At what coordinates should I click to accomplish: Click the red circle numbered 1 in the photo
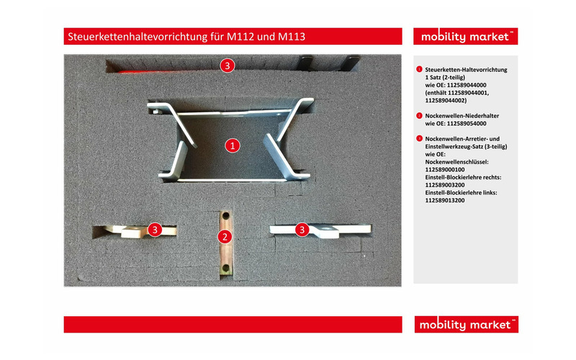click(232, 145)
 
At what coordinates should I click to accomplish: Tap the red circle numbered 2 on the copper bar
click(225, 236)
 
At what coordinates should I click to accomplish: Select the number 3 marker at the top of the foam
click(228, 66)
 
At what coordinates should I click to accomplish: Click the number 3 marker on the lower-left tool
click(154, 229)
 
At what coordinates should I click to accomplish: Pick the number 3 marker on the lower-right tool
click(302, 229)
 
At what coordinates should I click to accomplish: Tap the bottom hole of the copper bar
click(226, 269)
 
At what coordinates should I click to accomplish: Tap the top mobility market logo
click(466, 37)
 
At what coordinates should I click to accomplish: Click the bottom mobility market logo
click(466, 325)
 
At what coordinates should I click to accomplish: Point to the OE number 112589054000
click(456, 123)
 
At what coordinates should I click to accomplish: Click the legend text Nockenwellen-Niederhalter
click(462, 115)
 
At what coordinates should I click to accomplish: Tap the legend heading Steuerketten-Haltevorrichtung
click(467, 69)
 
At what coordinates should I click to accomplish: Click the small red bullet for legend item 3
click(419, 138)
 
